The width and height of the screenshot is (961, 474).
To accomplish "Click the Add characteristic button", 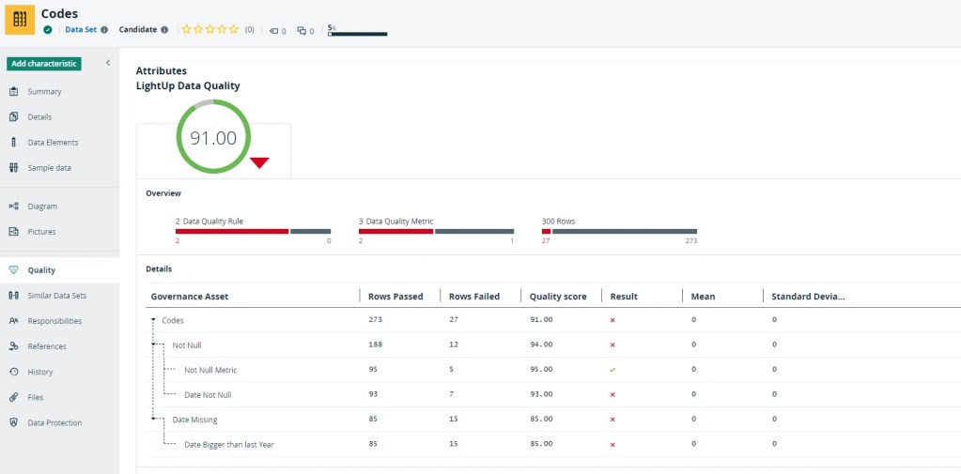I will pos(44,64).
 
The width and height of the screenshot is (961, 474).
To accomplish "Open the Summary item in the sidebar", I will pos(44,92).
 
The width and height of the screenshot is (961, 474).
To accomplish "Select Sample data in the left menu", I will pos(49,168).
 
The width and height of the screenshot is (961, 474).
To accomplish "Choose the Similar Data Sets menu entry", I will pos(56,296).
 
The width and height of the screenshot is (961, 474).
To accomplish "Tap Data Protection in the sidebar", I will pos(54,422).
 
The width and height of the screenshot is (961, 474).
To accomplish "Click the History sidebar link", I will pos(40,372).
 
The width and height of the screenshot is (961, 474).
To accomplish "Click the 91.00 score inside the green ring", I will pos(213,138).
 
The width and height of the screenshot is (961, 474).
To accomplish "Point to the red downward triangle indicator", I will pos(259,163).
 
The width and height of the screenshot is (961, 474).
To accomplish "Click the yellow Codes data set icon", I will pos(20,20).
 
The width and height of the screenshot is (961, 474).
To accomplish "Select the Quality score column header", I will pos(558,297).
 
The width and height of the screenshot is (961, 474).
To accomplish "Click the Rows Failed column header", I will pos(473,297).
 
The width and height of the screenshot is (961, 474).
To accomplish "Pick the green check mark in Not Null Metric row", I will pos(612,370).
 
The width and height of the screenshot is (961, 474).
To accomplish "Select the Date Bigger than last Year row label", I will pos(228,444).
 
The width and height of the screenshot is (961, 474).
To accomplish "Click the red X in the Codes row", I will pos(612,320).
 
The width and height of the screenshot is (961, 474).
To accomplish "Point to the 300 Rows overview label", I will pos(558,222).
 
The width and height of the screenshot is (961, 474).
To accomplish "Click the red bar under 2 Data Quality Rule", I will pos(231,231).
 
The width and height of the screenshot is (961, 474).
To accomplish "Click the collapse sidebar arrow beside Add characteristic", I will pos(108,63).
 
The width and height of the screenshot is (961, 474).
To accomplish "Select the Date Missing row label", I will pos(194,420).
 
